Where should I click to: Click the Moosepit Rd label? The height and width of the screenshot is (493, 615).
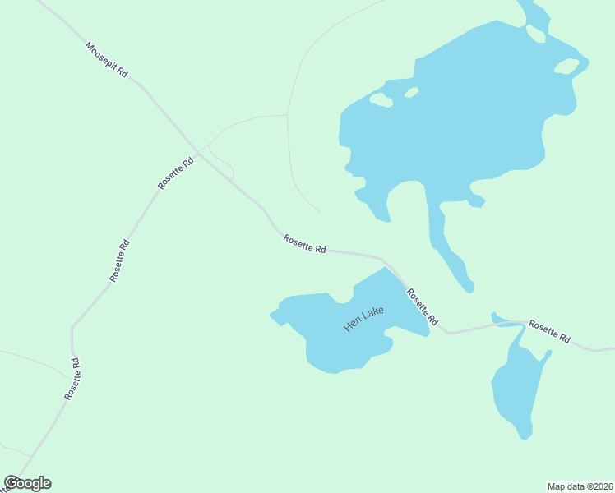(x=107, y=60)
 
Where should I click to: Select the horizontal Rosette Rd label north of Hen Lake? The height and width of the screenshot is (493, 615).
(x=305, y=244)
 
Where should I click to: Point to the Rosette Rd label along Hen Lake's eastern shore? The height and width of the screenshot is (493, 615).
(x=422, y=306)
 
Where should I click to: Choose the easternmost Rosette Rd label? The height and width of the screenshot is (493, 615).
(x=549, y=330)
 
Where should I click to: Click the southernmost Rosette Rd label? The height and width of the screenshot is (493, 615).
(x=72, y=379)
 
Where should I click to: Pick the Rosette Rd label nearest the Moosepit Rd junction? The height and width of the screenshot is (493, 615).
(x=176, y=174)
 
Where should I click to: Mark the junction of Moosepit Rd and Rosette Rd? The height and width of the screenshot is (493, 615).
(x=197, y=152)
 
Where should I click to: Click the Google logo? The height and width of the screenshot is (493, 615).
(x=27, y=483)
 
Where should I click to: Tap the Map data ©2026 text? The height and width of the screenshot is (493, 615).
(x=580, y=486)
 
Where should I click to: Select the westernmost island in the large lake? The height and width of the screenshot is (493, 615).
(x=381, y=100)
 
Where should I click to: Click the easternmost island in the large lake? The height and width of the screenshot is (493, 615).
(x=566, y=66)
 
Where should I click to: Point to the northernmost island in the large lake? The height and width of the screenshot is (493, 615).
(x=535, y=33)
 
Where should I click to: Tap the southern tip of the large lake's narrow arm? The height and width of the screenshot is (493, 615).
(x=469, y=288)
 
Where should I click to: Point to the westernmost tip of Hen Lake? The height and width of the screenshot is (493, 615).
(x=271, y=313)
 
